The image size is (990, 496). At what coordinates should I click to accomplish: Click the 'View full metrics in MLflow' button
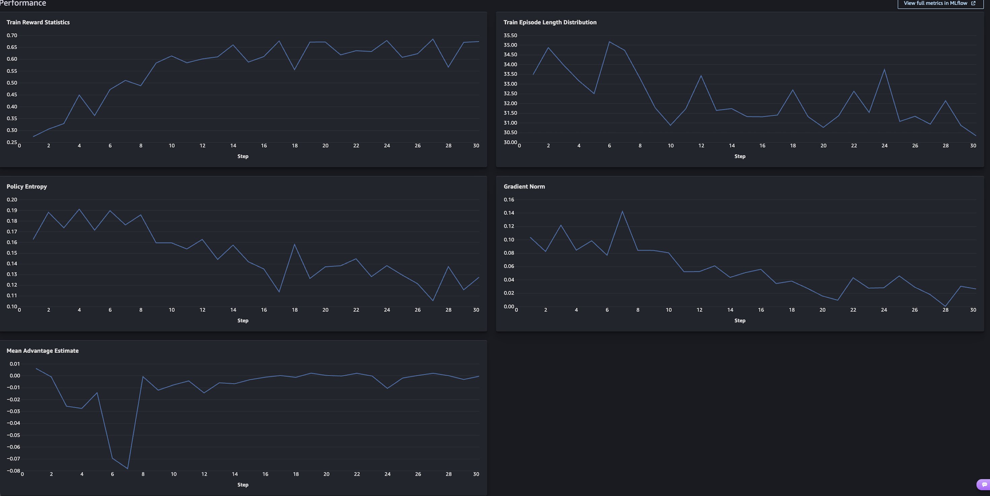[x=939, y=3]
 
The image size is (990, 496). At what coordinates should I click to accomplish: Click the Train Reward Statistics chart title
[x=38, y=22]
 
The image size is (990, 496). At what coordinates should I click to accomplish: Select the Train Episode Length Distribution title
[x=550, y=22]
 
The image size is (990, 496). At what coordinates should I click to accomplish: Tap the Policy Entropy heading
[x=27, y=187]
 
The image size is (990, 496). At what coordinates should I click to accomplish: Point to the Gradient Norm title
[x=524, y=187]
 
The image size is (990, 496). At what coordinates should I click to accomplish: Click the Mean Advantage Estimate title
[x=42, y=351]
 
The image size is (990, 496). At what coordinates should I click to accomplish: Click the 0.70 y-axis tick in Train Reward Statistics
[x=12, y=35]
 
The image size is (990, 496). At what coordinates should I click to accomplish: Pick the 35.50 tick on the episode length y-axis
[x=510, y=35]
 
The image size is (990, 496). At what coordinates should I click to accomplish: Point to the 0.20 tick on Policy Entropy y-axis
[x=12, y=200]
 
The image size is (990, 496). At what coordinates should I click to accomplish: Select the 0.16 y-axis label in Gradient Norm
[x=508, y=200]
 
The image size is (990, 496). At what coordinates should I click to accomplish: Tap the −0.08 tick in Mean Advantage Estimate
[x=13, y=471]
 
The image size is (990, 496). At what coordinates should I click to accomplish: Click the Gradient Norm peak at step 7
[x=622, y=211]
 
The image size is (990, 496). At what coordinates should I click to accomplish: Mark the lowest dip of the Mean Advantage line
[x=128, y=468]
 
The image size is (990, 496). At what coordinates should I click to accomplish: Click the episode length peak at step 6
[x=609, y=42]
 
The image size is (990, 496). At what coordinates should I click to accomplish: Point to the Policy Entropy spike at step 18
[x=294, y=245]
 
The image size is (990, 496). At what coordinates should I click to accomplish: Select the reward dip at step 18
[x=294, y=70]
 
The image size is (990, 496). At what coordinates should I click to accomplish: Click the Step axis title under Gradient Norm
[x=739, y=321]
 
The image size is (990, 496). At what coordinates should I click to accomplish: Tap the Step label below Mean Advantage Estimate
[x=243, y=485]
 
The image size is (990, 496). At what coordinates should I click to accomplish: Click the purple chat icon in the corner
[x=984, y=485]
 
